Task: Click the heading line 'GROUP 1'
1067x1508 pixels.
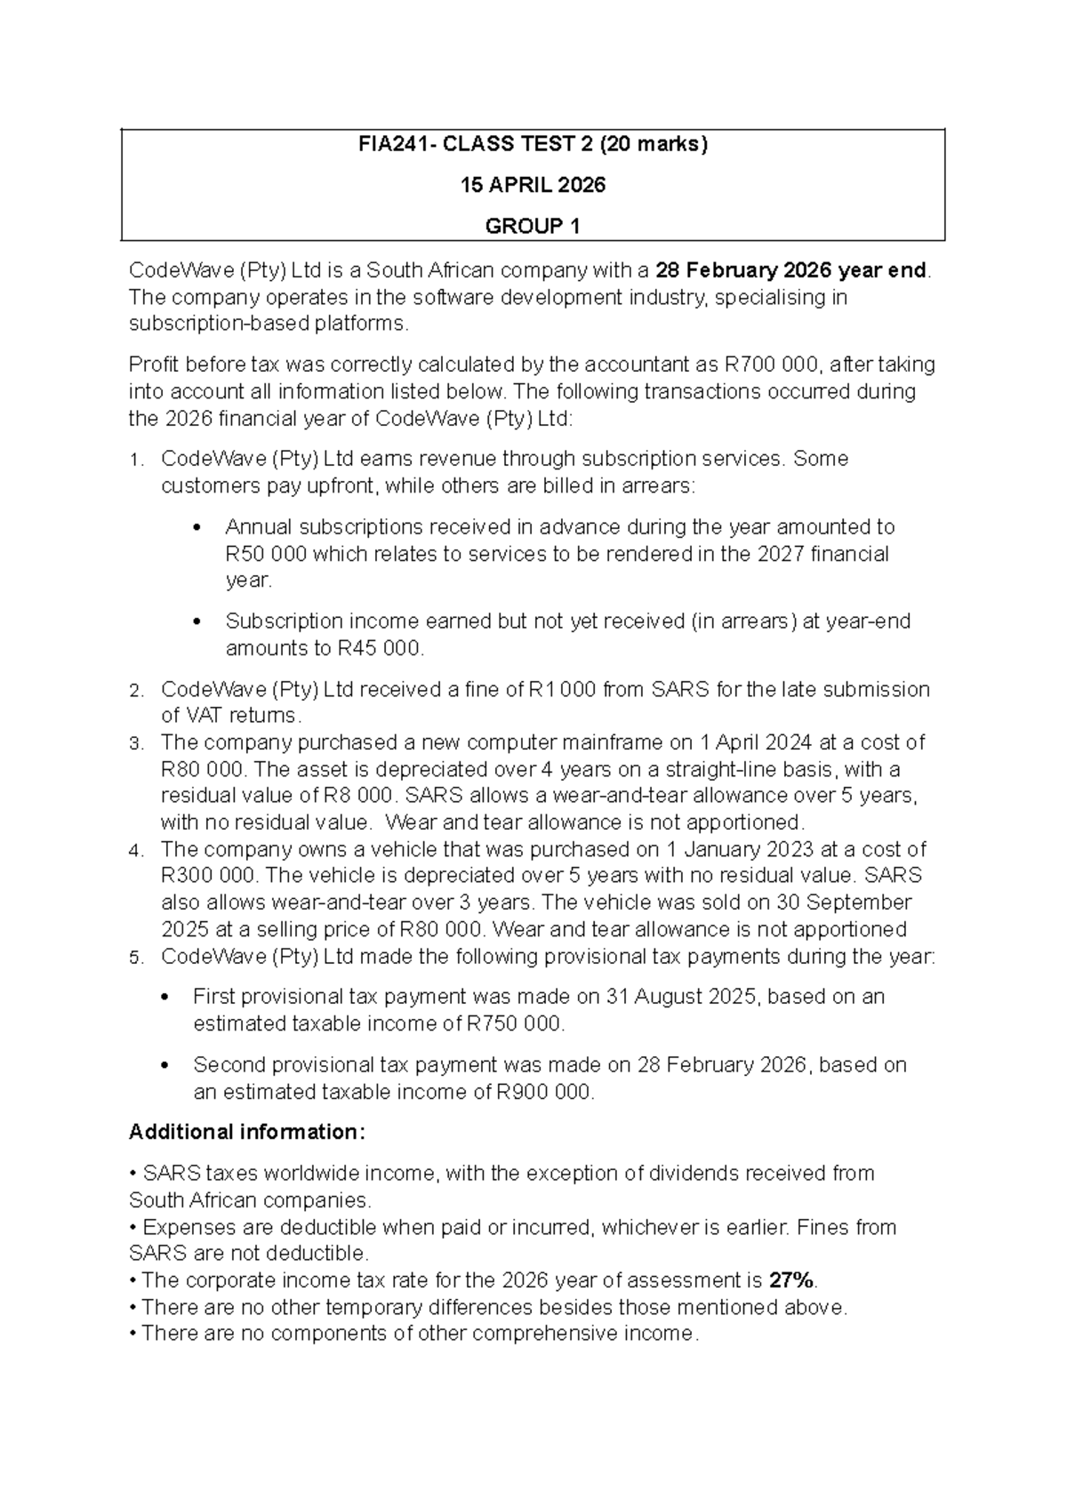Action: click(532, 226)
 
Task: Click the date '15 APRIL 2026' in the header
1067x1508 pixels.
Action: click(532, 185)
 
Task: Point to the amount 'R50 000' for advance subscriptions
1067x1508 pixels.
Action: click(266, 554)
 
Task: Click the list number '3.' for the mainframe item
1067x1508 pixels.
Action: click(135, 743)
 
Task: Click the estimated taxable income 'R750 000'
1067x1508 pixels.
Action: click(514, 1023)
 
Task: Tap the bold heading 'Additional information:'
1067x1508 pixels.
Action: click(247, 1132)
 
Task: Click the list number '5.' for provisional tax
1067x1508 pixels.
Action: click(135, 958)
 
